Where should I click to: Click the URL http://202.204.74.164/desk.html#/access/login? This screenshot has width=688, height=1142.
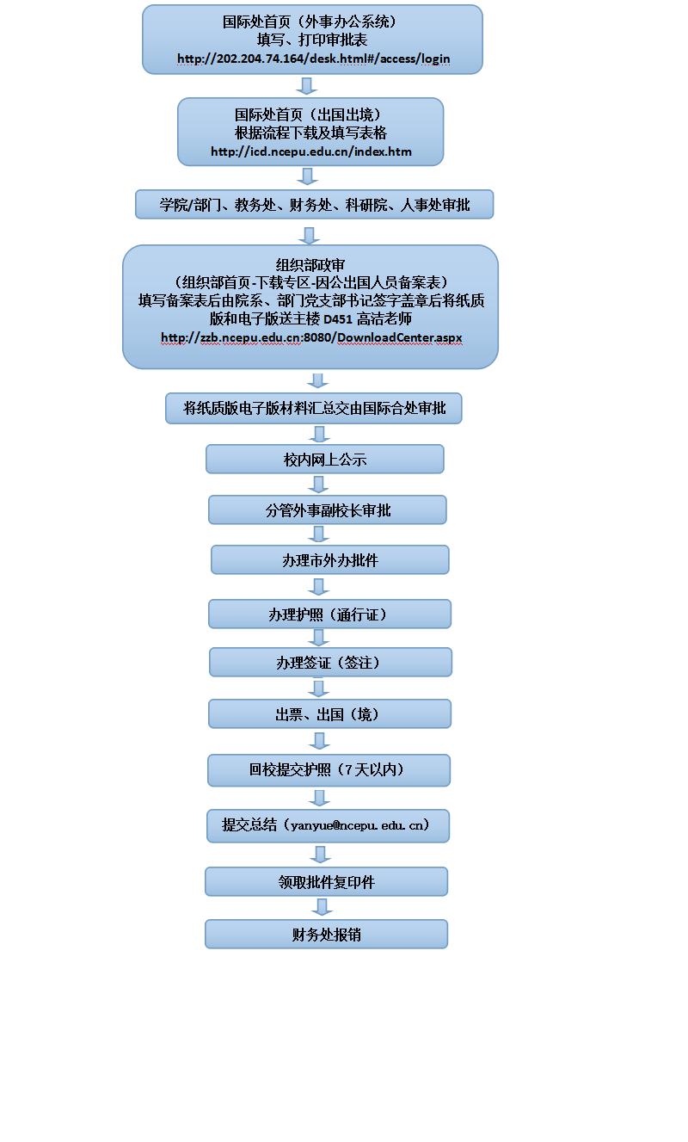coord(313,59)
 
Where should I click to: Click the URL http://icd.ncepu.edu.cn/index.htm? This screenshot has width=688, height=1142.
coord(311,151)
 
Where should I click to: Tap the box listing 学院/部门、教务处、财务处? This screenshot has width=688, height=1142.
coord(314,205)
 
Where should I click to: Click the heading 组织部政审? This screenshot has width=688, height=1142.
coord(310,265)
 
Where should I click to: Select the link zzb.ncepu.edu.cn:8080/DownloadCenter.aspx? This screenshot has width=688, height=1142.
coord(311,337)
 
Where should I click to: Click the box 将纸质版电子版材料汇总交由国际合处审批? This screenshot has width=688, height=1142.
coord(314,409)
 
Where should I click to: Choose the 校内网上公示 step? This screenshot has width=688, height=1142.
coord(324,460)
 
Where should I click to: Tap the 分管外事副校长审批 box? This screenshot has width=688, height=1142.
coord(327,510)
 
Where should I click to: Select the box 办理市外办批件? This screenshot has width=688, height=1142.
coord(329,560)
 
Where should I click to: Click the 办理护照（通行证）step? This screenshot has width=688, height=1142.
coord(329,614)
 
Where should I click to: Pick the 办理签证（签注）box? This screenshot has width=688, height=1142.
coord(330,663)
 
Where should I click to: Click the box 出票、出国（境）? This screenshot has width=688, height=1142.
coord(329,714)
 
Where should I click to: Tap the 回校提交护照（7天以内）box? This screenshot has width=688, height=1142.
coord(329,770)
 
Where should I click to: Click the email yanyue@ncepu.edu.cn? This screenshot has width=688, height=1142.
coord(359,825)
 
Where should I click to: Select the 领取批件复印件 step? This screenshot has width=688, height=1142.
coord(326,882)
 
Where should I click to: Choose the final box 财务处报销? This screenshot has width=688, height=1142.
coord(326,935)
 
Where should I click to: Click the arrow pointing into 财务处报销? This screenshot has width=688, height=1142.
coord(322,907)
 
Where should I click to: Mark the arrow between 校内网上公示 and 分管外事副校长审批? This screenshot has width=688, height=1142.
coord(319,485)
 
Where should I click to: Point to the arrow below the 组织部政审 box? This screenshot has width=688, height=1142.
coord(318,380)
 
